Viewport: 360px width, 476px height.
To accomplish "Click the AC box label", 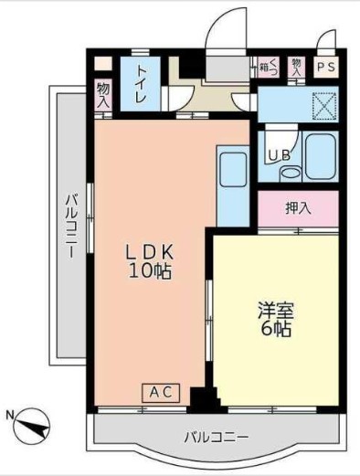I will tap(160, 393).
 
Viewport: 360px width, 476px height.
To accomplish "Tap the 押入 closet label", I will tap(298, 207).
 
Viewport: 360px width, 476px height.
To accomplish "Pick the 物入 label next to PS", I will tap(297, 66).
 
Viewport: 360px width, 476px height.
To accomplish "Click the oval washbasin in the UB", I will tap(290, 172).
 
